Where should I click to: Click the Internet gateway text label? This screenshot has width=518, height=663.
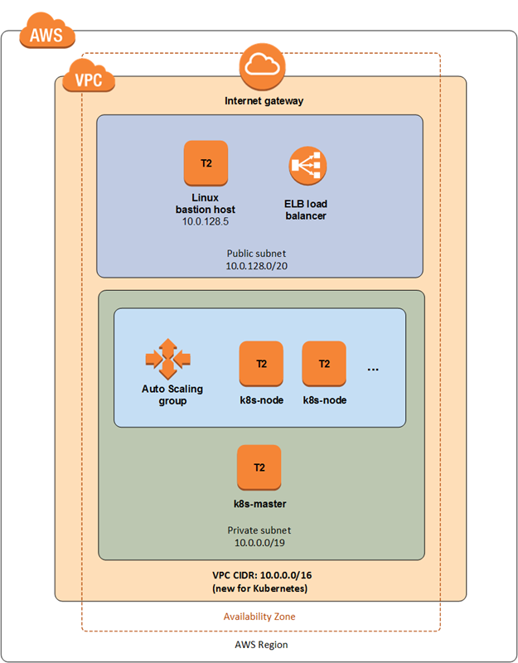pyautogui.click(x=264, y=101)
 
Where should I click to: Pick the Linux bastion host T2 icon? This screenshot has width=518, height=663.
pyautogui.click(x=206, y=163)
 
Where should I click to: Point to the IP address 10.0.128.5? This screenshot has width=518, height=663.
pyautogui.click(x=206, y=222)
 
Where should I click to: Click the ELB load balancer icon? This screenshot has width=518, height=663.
pyautogui.click(x=307, y=167)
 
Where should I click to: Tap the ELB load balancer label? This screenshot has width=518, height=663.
pyautogui.click(x=307, y=210)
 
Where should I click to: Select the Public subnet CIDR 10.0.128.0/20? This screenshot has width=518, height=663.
pyautogui.click(x=259, y=265)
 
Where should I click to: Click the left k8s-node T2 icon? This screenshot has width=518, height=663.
pyautogui.click(x=261, y=363)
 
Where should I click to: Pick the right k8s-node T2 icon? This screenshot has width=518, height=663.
pyautogui.click(x=324, y=363)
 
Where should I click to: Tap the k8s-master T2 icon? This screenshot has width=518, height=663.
pyautogui.click(x=259, y=467)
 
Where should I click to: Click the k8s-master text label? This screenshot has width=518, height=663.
pyautogui.click(x=259, y=503)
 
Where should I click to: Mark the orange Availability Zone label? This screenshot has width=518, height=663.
pyautogui.click(x=259, y=617)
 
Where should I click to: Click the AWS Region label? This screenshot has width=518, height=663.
pyautogui.click(x=259, y=644)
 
